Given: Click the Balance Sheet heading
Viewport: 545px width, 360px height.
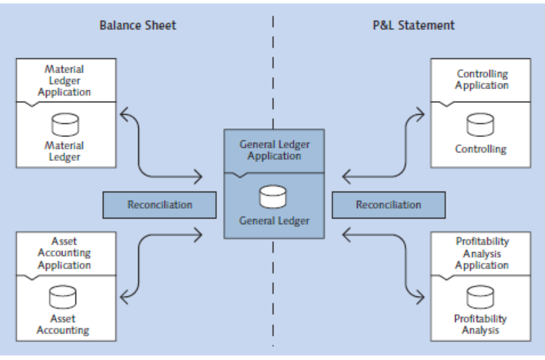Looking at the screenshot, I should (x=137, y=25).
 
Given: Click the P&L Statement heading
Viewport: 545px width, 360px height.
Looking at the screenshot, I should (x=414, y=25).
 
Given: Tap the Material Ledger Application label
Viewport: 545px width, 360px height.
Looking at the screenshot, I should (x=64, y=80).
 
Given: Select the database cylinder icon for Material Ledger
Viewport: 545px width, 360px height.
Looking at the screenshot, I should (x=64, y=125).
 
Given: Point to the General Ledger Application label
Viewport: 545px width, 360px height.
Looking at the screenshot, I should (x=274, y=150).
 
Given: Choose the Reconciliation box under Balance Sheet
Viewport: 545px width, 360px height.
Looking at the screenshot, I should (x=159, y=205).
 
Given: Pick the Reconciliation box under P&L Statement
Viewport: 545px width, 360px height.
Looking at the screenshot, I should (x=389, y=205).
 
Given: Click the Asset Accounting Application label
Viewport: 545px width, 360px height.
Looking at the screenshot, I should (x=64, y=253).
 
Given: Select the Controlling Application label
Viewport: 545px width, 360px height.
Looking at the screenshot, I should (x=482, y=80).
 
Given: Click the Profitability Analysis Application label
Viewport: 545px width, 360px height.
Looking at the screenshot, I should (x=482, y=253).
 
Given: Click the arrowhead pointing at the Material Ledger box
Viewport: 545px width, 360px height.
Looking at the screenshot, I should (x=124, y=112).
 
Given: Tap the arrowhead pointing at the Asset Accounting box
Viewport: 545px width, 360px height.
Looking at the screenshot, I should (x=124, y=295).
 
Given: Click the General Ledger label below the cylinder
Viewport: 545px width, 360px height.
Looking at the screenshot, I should (x=274, y=220).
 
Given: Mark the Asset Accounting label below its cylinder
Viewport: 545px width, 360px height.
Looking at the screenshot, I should (x=63, y=324).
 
